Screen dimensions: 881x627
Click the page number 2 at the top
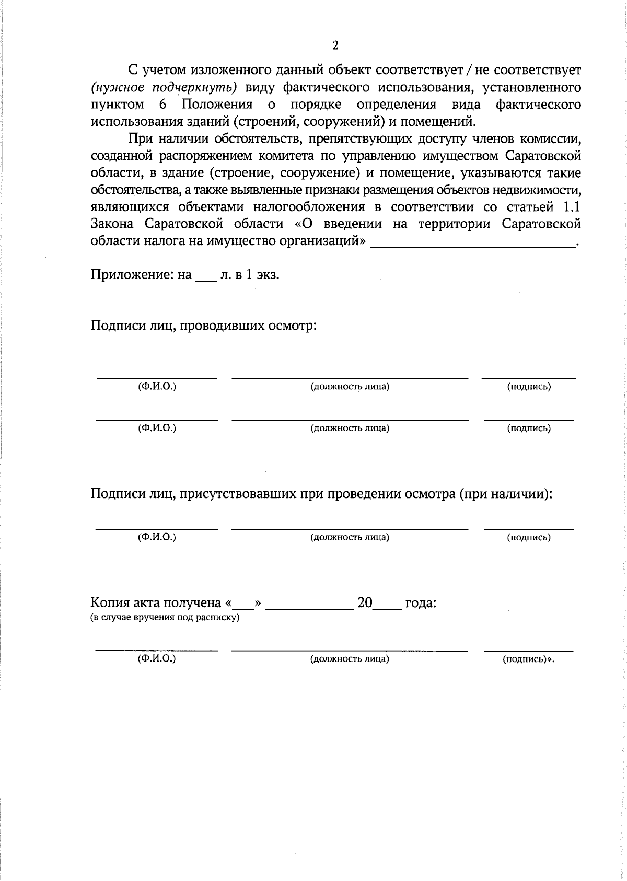335,45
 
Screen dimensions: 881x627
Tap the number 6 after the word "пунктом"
163,104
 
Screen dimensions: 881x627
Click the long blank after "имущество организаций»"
472,244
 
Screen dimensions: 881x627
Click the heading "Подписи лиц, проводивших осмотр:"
204,326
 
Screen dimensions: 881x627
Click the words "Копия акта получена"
156,603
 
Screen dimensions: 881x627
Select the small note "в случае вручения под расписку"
165,618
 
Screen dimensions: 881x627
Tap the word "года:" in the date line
421,603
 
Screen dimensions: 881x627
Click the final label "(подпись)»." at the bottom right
528,659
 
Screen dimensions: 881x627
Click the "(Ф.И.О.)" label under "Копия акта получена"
157,658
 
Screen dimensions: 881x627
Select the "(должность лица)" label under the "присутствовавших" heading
350,537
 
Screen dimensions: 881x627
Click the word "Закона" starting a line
112,224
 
